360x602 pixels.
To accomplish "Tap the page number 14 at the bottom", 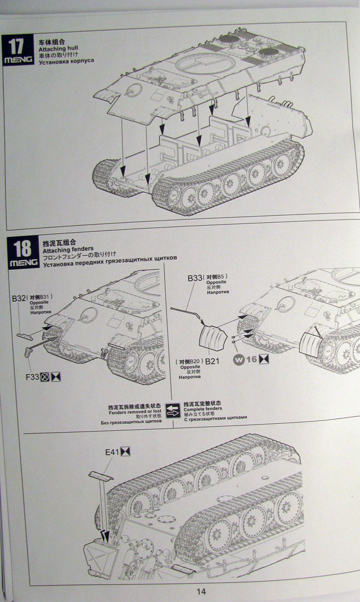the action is pyautogui.click(x=201, y=591).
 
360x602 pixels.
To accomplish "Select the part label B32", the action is pyautogui.click(x=18, y=299).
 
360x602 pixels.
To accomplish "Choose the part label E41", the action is pyautogui.click(x=112, y=452).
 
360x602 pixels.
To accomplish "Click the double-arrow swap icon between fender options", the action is pyautogui.click(x=173, y=410).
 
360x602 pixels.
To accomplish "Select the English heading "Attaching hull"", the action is pyautogui.click(x=58, y=52).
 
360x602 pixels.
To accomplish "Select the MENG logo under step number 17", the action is pyautogui.click(x=18, y=60).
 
